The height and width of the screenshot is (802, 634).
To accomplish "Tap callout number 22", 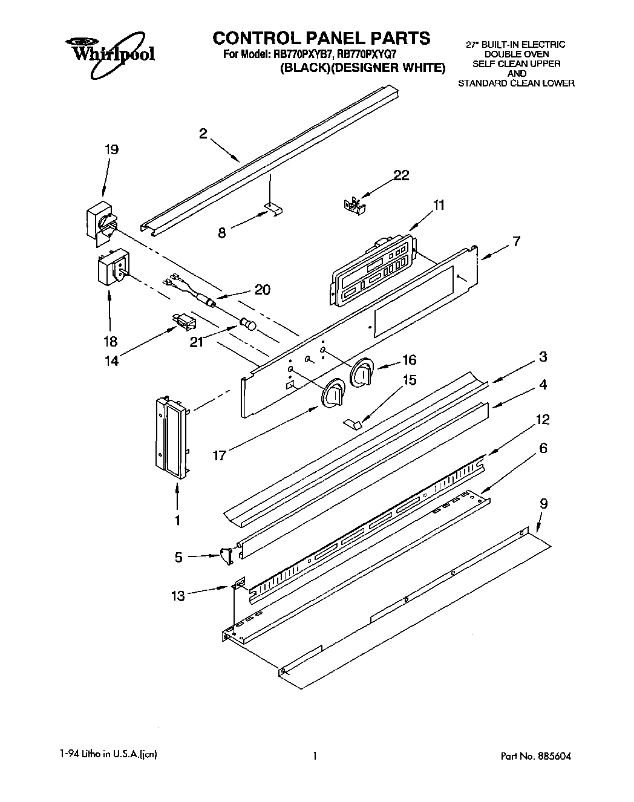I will coord(401,175).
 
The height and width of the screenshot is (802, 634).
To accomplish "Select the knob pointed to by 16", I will coord(361,371).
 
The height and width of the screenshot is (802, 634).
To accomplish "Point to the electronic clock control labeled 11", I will coord(373,267).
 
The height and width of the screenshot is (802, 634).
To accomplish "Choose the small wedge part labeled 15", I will coord(353,422).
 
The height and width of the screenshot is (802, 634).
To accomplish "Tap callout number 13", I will coord(177,596).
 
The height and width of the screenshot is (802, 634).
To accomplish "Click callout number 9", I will coord(543,502).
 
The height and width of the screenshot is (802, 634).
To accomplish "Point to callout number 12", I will coord(542,419).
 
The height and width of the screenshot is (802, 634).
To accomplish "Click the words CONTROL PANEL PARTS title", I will coord(321,38).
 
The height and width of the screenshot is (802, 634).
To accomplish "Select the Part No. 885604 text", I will coord(536,756).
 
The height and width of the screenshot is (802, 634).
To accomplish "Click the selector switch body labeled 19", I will coord(100,222).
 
